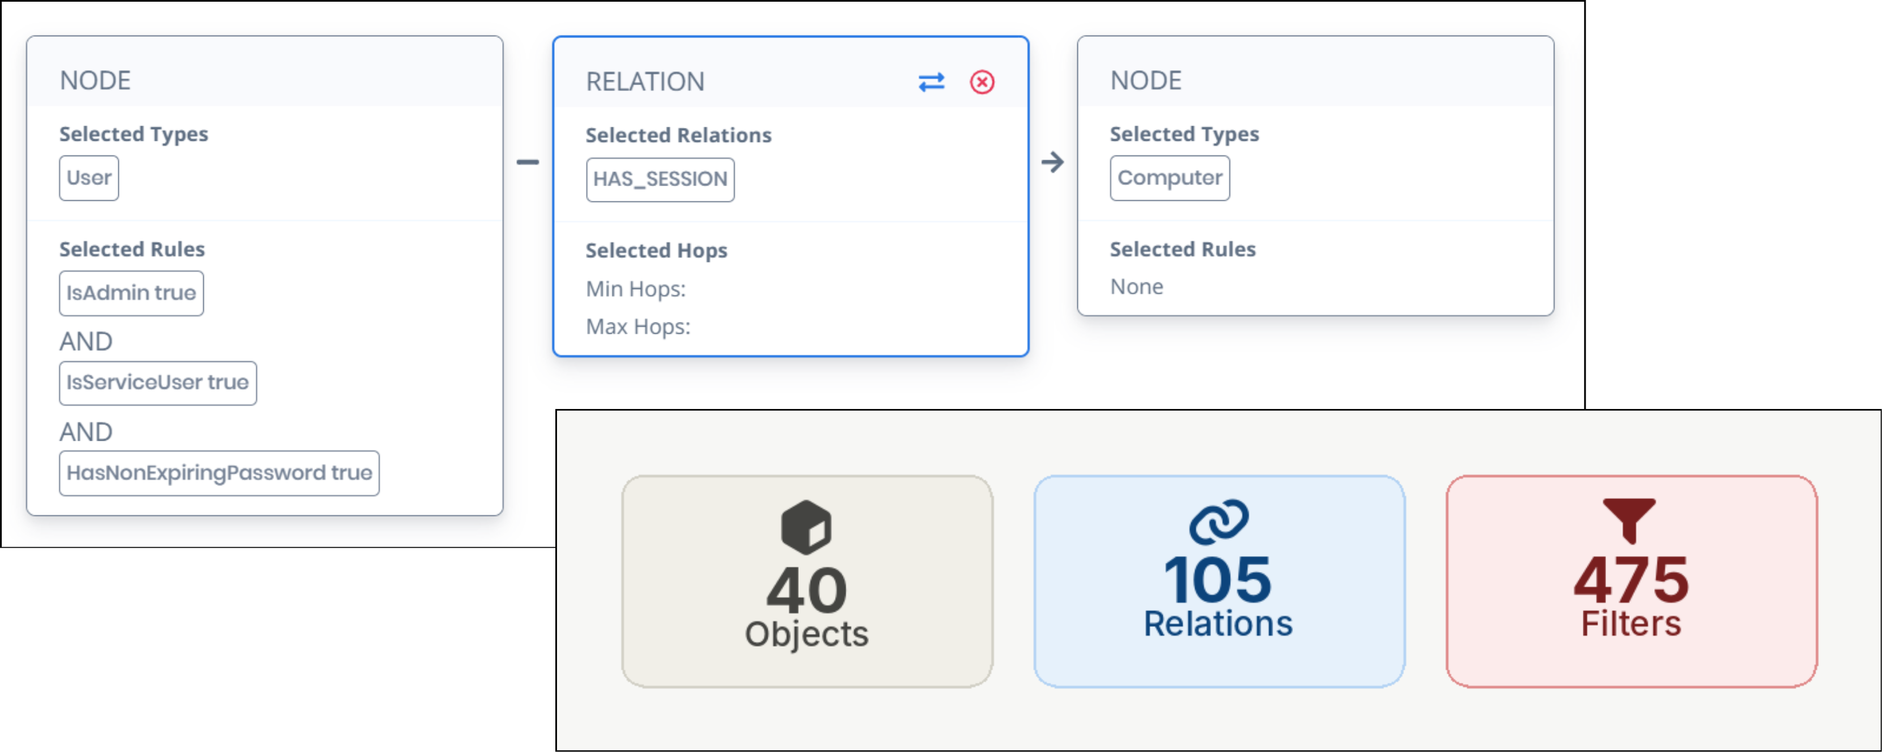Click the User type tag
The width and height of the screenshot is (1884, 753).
coord(88,178)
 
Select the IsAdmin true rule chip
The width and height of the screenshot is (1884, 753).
coord(131,293)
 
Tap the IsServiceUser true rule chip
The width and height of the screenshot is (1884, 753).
coord(157,382)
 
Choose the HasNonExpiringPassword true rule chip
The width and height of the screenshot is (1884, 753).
coord(219,473)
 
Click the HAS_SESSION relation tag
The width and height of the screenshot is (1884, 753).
coord(660,179)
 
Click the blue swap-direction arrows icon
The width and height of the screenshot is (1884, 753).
coord(931,82)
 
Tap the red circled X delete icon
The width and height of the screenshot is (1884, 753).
coord(982,82)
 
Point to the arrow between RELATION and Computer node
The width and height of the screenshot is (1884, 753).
coord(1052,162)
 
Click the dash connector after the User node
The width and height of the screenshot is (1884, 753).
coord(527,162)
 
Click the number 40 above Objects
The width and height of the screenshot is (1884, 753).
coord(806,590)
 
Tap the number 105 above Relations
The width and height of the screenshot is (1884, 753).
coord(1218,579)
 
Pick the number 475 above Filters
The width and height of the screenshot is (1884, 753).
coord(1630,579)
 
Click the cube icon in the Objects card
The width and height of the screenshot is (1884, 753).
coord(806,526)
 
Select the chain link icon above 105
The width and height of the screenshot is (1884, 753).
coord(1218,521)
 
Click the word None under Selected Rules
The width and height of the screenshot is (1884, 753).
coord(1136,287)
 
